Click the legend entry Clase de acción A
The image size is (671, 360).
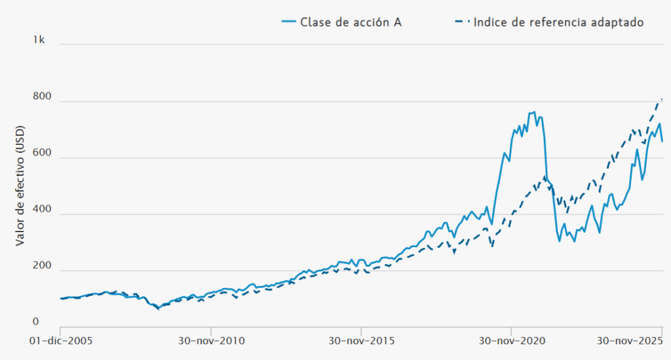pos(351,22)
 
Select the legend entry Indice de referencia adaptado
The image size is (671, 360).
pos(558,22)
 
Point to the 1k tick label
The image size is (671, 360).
pos(39,40)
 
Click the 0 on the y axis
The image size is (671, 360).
pos(37,322)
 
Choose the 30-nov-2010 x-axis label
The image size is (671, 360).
pos(211,342)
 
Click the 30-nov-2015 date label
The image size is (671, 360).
pos(361,342)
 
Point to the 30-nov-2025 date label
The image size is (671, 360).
pos(630,342)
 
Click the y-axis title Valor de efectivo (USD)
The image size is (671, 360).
pos(20,187)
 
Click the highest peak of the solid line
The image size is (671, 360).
pos(535,111)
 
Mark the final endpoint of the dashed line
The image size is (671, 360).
pos(662,99)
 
